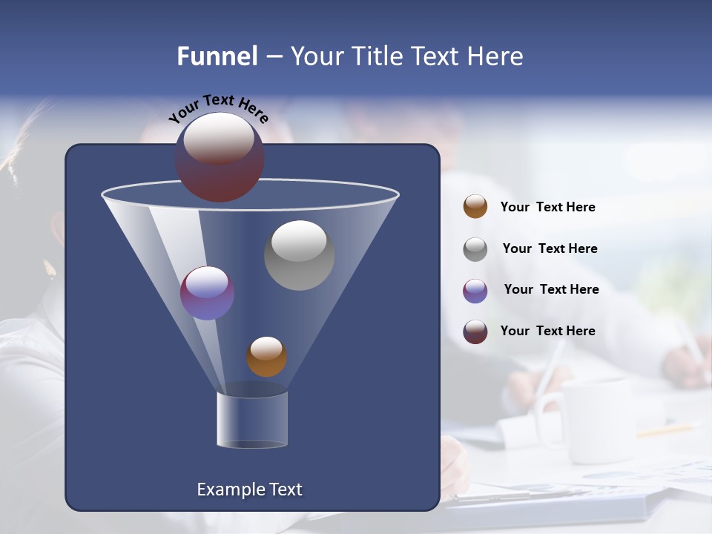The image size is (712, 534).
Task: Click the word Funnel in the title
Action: point(217,56)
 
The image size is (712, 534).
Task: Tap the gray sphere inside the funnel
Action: point(299,256)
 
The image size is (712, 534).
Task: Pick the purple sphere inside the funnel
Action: point(207,294)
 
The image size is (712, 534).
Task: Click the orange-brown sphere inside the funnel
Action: point(266,357)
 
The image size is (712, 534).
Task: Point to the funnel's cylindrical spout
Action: point(252,420)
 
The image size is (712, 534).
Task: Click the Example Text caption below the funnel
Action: point(249,489)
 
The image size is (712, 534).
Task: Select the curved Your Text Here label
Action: point(218,108)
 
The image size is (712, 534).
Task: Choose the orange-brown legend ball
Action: point(475,207)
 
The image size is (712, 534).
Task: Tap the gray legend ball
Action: point(475,249)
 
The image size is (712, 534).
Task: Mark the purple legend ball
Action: point(475,291)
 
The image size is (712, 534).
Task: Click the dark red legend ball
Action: point(475,332)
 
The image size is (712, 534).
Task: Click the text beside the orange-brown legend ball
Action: point(547,207)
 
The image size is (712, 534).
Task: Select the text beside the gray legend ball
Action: point(550,248)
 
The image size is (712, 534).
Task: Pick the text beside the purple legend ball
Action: point(551,289)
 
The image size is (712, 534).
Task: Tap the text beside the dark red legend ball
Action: point(547,331)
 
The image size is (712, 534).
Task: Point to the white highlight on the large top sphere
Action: point(219,136)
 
